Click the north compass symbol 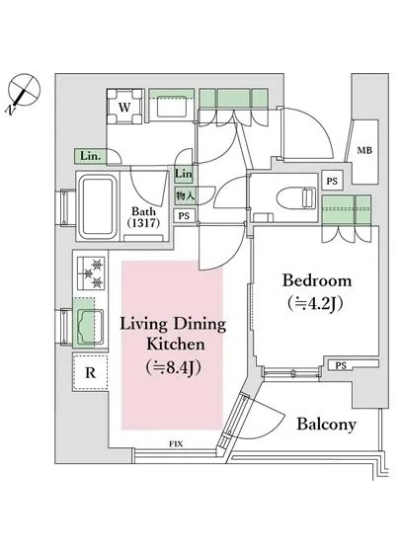(23, 92)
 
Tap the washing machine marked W (124, 107)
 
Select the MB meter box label (364, 150)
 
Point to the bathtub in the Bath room (98, 206)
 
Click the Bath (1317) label (144, 217)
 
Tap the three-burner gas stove (91, 273)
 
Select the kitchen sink (90, 327)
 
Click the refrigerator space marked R (90, 372)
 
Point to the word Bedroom (317, 280)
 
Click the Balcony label (327, 425)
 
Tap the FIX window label (176, 443)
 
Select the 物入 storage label (185, 196)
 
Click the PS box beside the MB (332, 181)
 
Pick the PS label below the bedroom (341, 365)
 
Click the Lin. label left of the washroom (91, 156)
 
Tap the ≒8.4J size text (173, 367)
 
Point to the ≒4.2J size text (315, 303)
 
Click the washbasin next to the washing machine (172, 107)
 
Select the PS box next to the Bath (184, 216)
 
